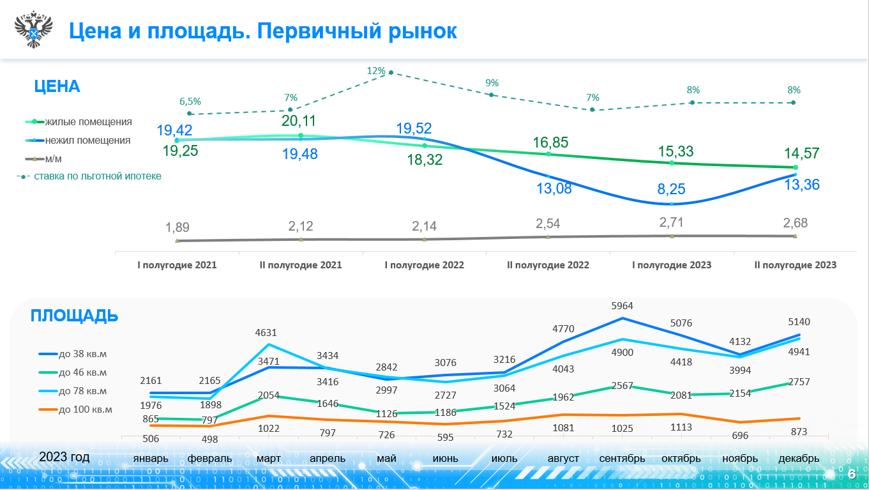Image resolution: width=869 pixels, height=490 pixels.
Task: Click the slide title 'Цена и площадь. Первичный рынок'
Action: [x=262, y=31]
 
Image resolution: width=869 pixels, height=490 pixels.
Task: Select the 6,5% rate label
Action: [x=190, y=101]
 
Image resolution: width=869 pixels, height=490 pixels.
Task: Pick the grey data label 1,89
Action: [x=178, y=228]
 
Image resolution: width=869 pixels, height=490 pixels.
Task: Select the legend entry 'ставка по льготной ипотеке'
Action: [x=97, y=176]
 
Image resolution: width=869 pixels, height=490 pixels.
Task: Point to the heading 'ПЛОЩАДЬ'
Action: [x=74, y=316]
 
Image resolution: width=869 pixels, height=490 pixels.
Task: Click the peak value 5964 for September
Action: [x=621, y=306]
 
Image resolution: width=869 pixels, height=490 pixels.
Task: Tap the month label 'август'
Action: [x=563, y=459]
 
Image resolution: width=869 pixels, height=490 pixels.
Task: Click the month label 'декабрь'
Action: [x=798, y=459]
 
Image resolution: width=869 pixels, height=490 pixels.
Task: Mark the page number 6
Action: [x=851, y=473]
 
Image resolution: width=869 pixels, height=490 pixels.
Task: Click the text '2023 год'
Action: [x=64, y=457]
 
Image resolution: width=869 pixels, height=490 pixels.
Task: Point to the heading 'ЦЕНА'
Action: [x=57, y=87]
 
